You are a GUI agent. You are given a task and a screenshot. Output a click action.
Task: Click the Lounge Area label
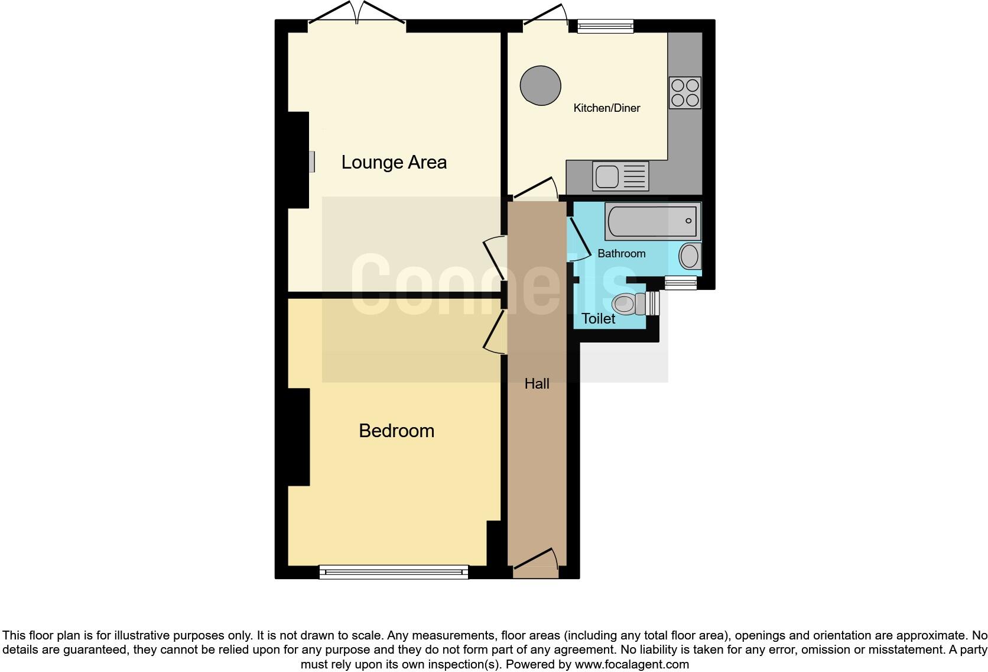click(394, 162)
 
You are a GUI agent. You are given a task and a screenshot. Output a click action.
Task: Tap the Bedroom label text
click(396, 431)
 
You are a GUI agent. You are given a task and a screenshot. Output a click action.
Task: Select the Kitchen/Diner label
click(606, 108)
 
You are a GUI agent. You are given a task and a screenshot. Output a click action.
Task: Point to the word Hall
click(537, 384)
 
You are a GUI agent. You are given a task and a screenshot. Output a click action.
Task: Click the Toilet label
click(598, 319)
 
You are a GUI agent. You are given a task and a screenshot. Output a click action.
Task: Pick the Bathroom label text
click(621, 253)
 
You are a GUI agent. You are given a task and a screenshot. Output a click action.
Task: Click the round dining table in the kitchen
click(540, 86)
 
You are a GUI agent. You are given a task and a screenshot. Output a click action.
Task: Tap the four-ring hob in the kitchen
click(685, 93)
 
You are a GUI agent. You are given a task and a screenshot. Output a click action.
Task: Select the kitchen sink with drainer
click(620, 176)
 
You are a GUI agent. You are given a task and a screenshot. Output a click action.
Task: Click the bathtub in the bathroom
click(652, 221)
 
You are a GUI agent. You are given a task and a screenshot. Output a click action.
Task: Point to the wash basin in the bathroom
click(688, 257)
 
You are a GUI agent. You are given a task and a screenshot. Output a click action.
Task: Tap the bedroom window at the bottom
click(394, 572)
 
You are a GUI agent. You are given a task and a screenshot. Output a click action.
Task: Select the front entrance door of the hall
click(535, 565)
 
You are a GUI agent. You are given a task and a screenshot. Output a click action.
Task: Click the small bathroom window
click(680, 283)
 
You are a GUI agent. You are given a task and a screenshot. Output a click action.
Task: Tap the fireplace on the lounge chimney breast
click(311, 161)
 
